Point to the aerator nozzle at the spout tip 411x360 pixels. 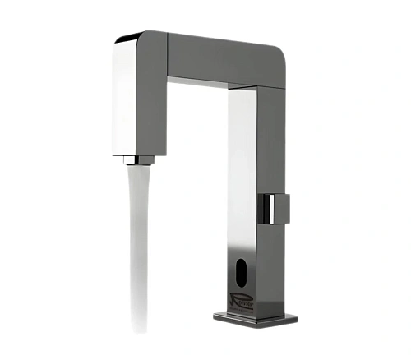pos(140,159)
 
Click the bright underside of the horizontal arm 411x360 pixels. pos(205,84)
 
